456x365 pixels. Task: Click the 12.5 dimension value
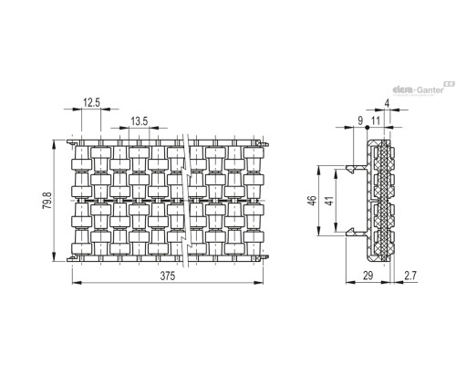(91, 103)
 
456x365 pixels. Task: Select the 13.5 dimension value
(140, 121)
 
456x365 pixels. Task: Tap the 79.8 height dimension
(47, 201)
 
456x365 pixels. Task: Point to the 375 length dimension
(168, 276)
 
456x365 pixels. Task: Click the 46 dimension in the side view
(312, 201)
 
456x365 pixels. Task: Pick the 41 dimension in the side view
(329, 201)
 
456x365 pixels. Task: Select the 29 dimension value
(368, 276)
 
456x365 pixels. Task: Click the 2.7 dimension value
(410, 276)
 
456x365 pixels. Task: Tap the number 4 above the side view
(387, 103)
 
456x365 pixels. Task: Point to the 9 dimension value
(360, 120)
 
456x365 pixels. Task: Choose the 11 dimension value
(376, 120)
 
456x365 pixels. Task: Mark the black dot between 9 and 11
(368, 128)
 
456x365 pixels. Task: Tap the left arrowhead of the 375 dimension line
(77, 283)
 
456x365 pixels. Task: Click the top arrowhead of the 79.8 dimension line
(54, 144)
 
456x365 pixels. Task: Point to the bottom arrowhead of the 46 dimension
(318, 231)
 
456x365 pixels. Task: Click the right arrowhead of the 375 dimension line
(259, 283)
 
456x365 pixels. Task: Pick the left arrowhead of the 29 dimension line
(350, 282)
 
